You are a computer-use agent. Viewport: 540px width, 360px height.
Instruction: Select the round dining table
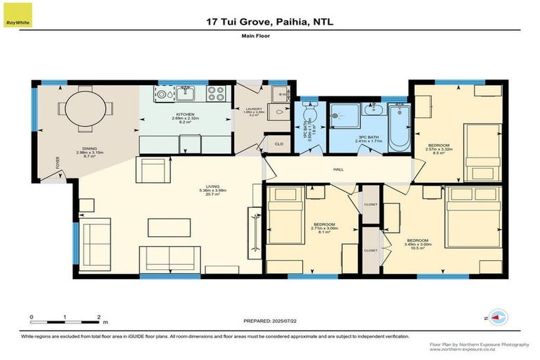pos(84,110)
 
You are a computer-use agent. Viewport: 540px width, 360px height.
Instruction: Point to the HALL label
pos(337,169)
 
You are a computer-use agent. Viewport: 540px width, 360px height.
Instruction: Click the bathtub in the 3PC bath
pos(399,126)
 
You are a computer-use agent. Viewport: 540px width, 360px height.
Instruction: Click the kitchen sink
pos(186,91)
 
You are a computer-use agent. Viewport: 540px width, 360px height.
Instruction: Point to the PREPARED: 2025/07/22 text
pos(270,321)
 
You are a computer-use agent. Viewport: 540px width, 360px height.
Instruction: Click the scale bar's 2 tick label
pos(99,317)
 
